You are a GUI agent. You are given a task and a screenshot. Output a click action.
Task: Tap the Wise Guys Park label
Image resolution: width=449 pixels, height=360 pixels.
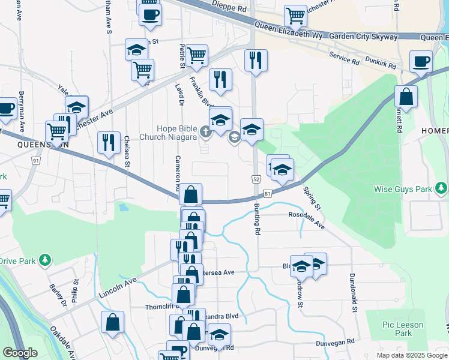coord(403,190)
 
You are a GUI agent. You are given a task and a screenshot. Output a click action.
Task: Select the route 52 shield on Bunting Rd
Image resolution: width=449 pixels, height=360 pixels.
coord(256,179)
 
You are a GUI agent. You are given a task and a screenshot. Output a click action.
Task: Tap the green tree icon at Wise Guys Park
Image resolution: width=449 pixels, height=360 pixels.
coord(442,190)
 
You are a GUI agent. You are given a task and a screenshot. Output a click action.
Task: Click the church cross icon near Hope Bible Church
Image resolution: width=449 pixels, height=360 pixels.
coord(206,131)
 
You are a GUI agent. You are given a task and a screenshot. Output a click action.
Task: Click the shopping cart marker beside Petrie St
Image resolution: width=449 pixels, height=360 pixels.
coord(197,55)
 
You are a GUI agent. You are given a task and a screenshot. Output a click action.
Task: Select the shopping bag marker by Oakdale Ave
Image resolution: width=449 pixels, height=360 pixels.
coord(112,322)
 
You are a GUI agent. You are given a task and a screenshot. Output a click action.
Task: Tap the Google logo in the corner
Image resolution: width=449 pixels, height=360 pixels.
coord(20,353)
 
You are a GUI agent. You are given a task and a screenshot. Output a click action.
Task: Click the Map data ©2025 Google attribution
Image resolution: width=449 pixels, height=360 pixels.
coord(412,355)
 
